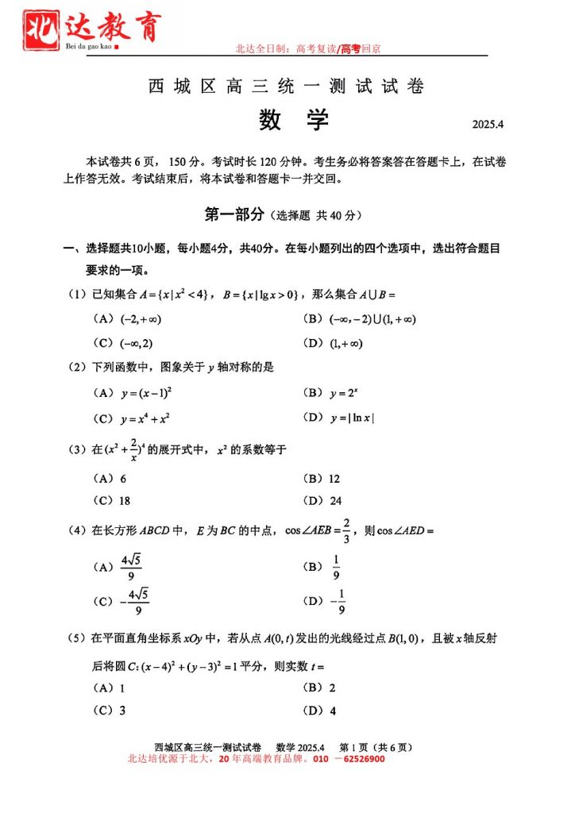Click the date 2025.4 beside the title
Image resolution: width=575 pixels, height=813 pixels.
[x=488, y=125]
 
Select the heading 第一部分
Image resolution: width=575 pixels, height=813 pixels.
[x=234, y=214]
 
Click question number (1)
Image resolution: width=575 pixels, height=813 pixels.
[x=78, y=295]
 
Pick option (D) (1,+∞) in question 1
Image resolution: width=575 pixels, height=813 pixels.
[x=333, y=343]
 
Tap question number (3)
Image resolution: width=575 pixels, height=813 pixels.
[x=78, y=450]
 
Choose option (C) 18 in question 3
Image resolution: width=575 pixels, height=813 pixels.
[x=112, y=501]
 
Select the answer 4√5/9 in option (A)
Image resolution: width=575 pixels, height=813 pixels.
[x=131, y=567]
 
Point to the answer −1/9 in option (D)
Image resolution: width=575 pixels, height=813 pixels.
[x=338, y=602]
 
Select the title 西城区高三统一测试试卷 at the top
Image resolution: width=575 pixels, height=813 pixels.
[x=286, y=87]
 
